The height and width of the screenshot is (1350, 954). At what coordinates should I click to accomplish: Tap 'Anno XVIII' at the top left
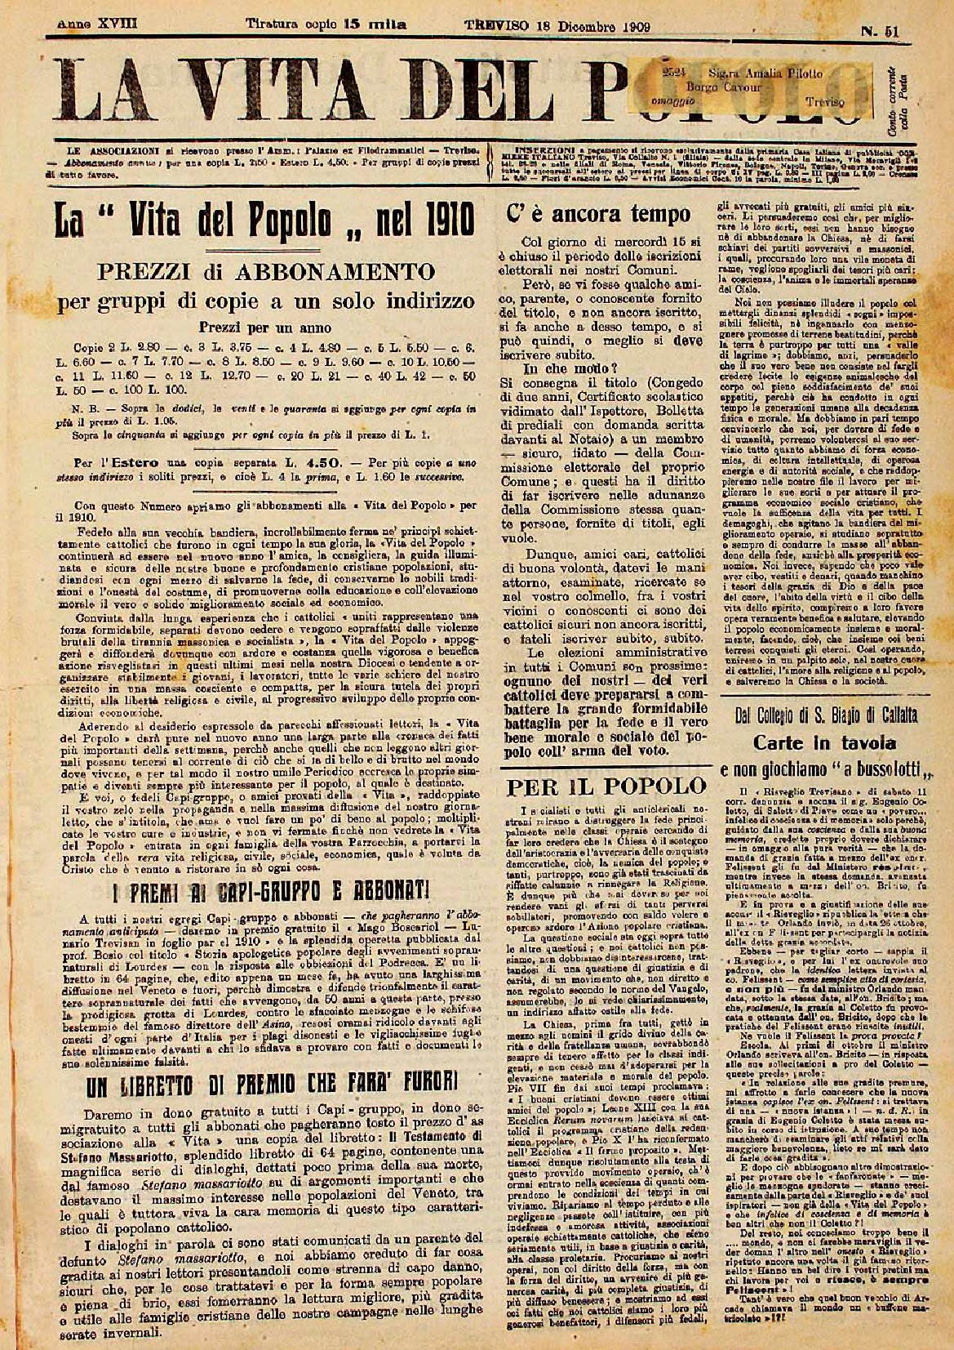tap(97, 25)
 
